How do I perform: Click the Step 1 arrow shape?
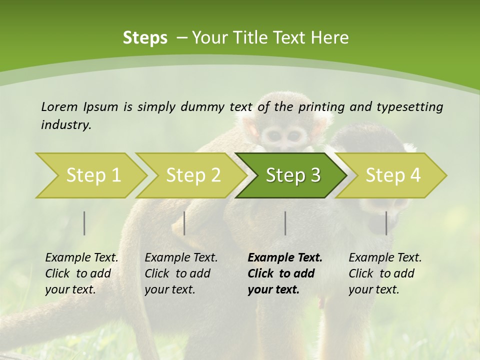coord(93,175)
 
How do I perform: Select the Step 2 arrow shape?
coord(193,175)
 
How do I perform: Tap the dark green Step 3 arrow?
coord(292,175)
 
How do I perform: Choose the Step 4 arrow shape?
coord(393,175)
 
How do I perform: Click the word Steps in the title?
coord(145,37)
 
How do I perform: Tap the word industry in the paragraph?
coord(65,125)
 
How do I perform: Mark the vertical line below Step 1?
coord(84,223)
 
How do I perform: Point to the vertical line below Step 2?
coord(184,223)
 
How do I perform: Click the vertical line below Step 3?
coord(285,223)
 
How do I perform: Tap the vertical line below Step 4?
coord(386,223)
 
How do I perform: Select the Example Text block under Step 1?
coord(81,273)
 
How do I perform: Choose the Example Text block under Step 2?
coord(181,273)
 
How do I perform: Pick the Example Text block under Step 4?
coord(385,273)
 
